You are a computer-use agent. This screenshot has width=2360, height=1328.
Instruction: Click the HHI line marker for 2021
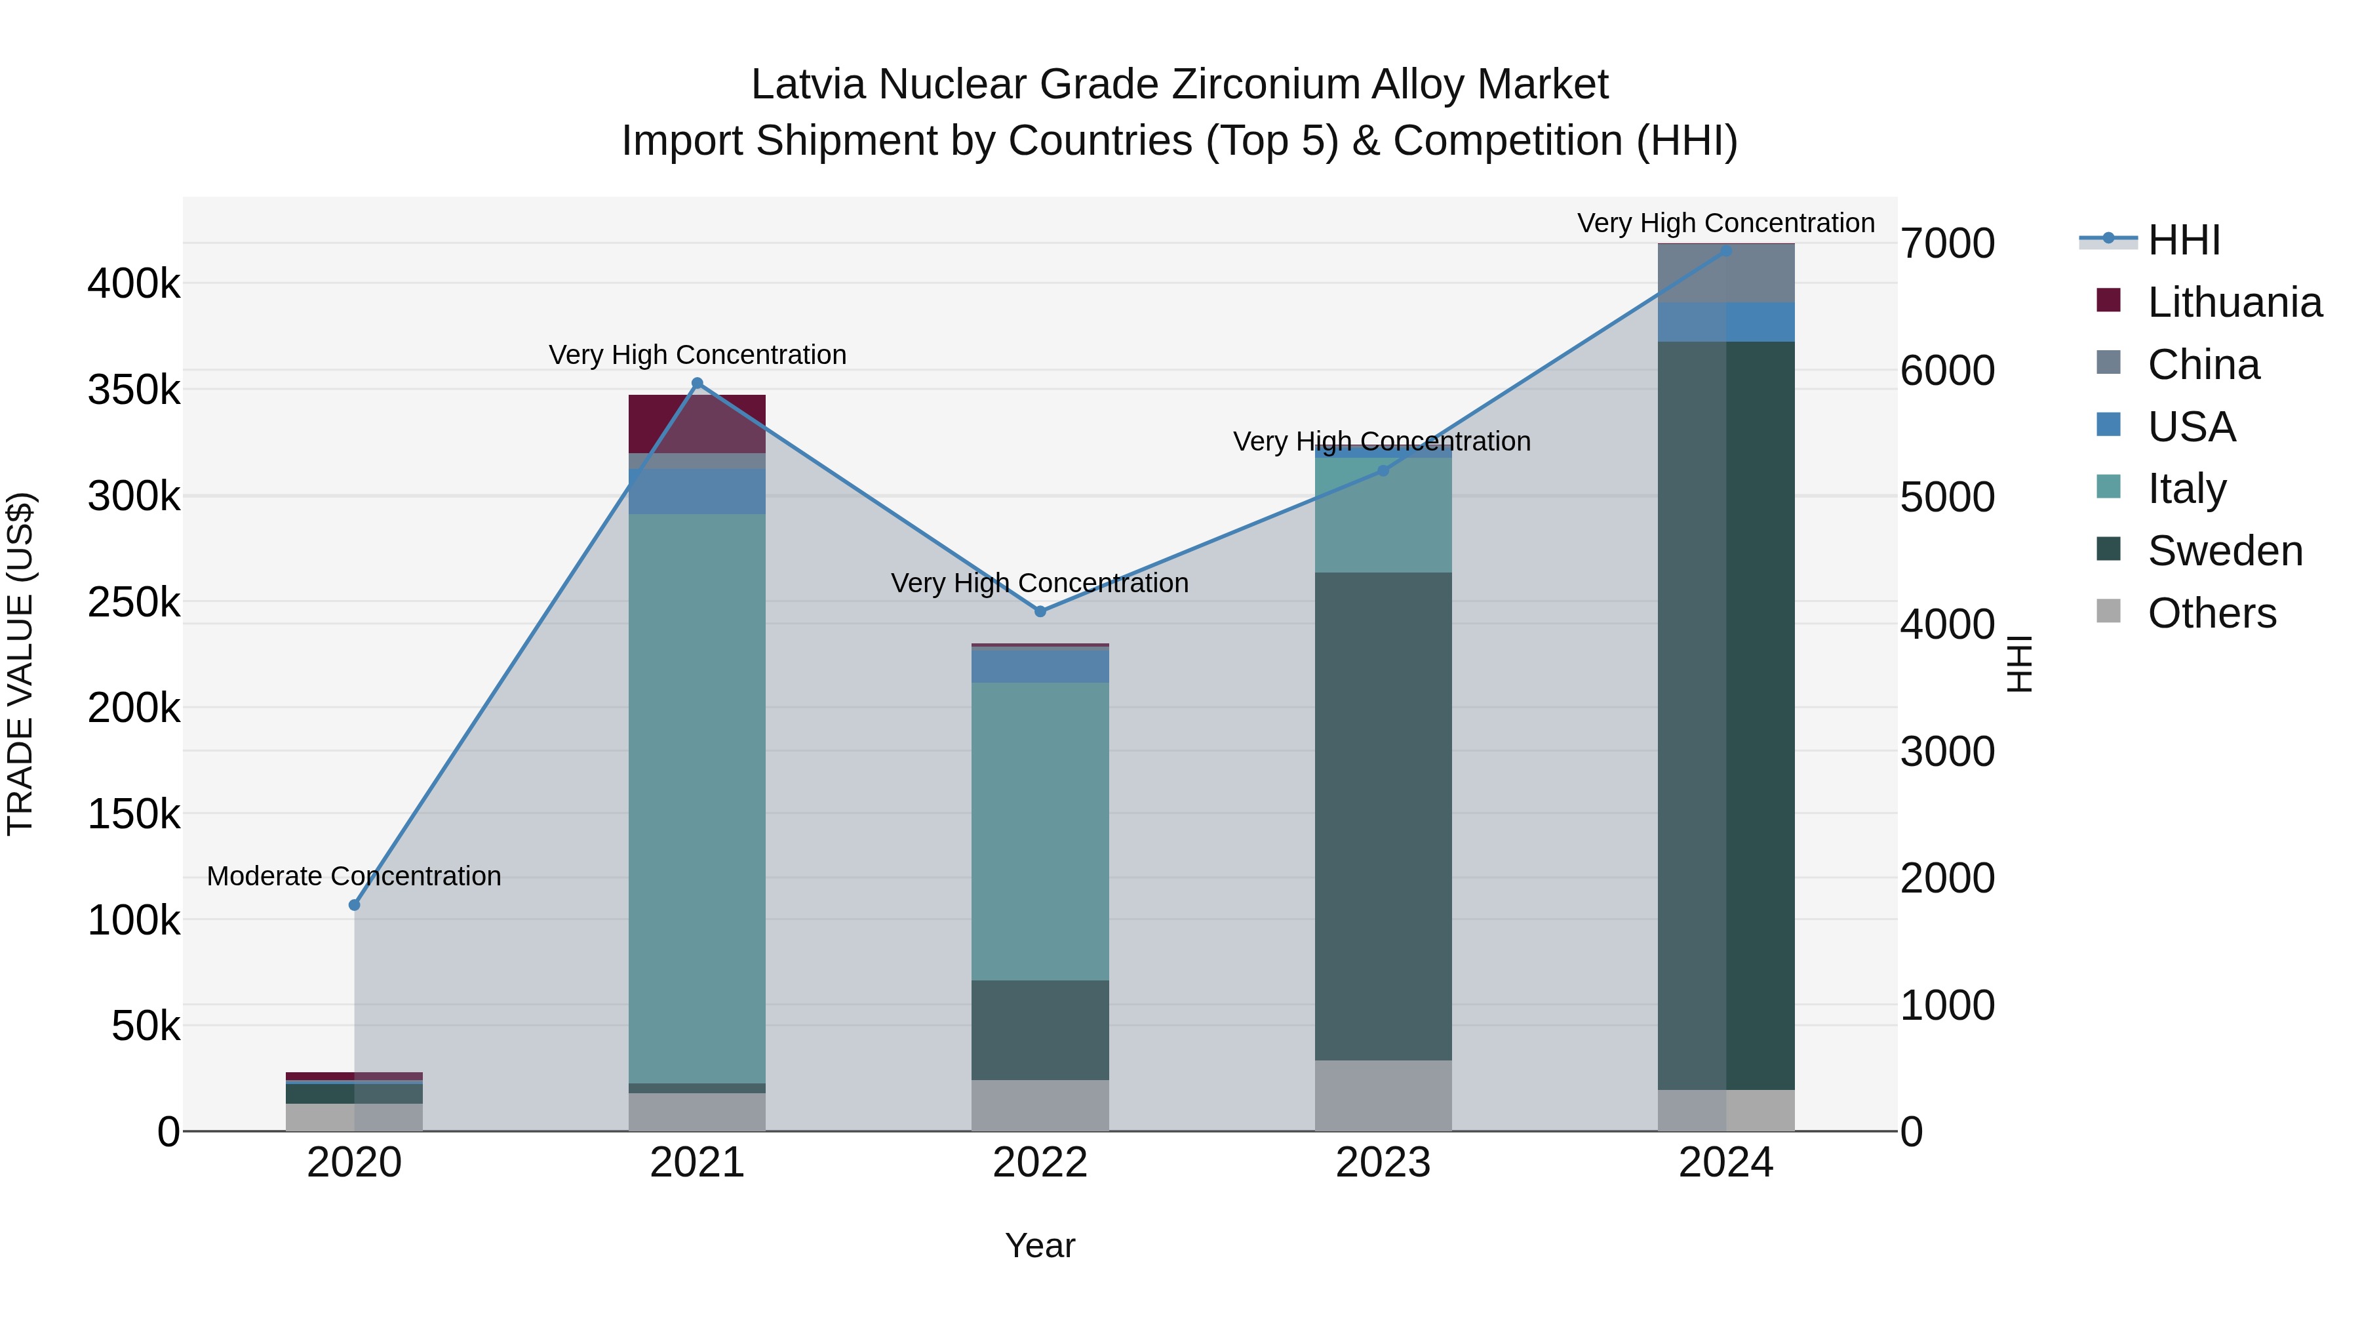tap(698, 383)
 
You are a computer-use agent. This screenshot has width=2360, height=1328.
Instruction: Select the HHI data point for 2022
tap(1040, 611)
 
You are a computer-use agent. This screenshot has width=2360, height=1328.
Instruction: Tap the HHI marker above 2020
tap(355, 904)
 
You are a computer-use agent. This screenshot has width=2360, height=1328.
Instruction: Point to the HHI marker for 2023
tap(1383, 470)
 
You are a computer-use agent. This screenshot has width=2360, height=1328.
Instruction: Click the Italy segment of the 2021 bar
tap(698, 797)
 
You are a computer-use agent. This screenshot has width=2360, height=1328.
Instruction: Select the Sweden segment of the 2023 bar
tap(1383, 816)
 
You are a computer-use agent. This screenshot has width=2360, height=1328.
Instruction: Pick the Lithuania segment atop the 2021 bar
tap(698, 424)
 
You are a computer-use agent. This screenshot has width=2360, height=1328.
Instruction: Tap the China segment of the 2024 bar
tap(1726, 273)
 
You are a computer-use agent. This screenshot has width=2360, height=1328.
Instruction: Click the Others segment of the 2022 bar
tap(1040, 1104)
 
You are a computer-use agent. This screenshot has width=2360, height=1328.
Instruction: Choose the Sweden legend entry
tap(2224, 551)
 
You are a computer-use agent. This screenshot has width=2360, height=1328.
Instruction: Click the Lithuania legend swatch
tap(2109, 300)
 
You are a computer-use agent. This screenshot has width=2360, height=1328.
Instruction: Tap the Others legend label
tap(2212, 613)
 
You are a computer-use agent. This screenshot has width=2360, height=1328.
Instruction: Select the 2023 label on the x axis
tap(1383, 1163)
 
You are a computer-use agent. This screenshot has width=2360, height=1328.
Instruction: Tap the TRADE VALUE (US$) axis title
tap(20, 664)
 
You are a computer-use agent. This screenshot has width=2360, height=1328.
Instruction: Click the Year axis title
tap(1040, 1245)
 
